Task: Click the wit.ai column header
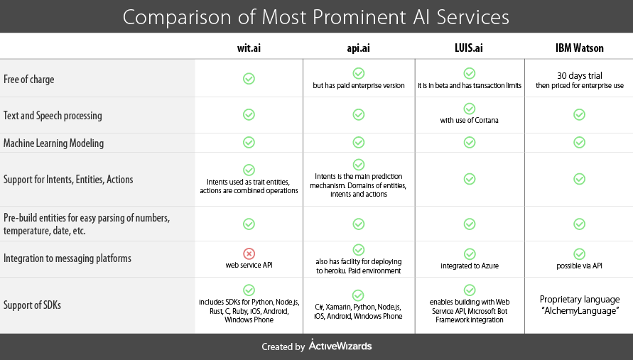click(249, 48)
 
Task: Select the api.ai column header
click(358, 48)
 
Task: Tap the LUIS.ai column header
click(469, 48)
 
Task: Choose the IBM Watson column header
click(579, 48)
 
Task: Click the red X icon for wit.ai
click(249, 253)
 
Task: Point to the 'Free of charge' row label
click(29, 80)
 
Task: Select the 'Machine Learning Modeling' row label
click(53, 143)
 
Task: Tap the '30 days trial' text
click(579, 75)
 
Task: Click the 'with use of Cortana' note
click(469, 120)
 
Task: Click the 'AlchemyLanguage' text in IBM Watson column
click(579, 310)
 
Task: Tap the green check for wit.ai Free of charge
click(249, 79)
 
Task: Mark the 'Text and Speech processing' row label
click(53, 115)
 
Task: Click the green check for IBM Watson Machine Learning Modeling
click(579, 142)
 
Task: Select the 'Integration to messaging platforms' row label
click(67, 258)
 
